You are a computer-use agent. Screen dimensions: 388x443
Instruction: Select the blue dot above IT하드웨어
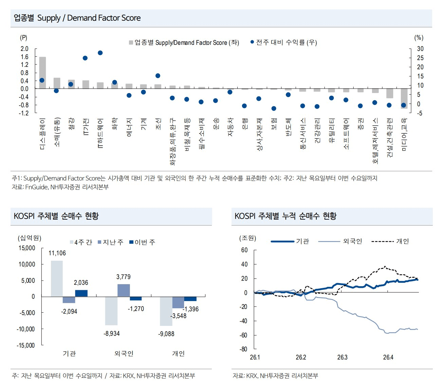click(x=100, y=53)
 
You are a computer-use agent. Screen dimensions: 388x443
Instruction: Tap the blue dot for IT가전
click(x=85, y=58)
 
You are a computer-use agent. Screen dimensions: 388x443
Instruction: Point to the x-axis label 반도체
click(x=288, y=127)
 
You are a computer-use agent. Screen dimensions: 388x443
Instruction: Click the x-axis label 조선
click(x=158, y=124)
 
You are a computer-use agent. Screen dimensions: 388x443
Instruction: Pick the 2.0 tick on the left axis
click(x=24, y=49)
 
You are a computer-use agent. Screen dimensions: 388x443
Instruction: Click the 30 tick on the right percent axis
click(x=420, y=49)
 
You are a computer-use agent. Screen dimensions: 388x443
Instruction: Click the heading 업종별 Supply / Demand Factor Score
click(x=77, y=18)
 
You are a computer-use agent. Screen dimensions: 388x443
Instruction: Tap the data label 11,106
click(x=57, y=253)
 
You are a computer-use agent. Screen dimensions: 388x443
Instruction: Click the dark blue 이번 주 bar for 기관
click(x=81, y=293)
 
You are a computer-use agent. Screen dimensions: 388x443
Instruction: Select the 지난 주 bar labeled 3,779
click(x=124, y=290)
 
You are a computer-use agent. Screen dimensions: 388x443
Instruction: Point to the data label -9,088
click(x=166, y=334)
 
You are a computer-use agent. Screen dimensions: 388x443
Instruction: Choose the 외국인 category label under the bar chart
click(x=124, y=354)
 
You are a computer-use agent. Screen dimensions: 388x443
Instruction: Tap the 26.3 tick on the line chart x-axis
click(x=342, y=357)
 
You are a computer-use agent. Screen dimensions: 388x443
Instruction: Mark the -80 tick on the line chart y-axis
click(x=243, y=349)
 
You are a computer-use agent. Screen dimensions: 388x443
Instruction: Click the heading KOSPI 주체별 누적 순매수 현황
click(x=285, y=216)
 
